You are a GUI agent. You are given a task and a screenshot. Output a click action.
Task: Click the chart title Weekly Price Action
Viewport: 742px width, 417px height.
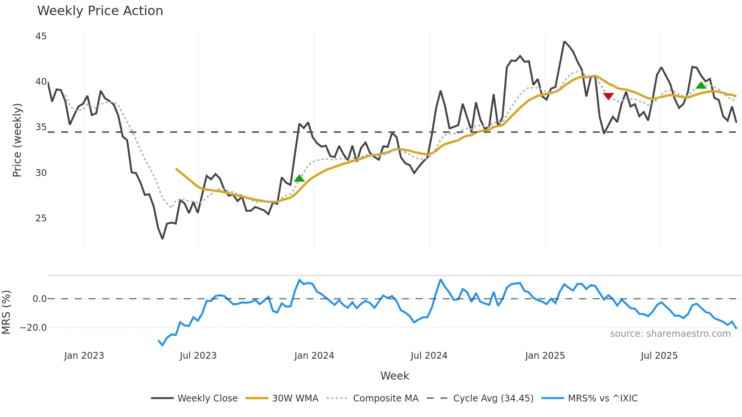click(x=100, y=11)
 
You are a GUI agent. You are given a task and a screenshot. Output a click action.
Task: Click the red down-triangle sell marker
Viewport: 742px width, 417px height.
click(x=608, y=96)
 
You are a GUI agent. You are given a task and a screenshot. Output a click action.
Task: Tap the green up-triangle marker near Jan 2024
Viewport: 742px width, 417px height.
click(x=299, y=178)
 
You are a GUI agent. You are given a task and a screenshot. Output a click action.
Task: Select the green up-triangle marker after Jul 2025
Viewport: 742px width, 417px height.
click(x=701, y=86)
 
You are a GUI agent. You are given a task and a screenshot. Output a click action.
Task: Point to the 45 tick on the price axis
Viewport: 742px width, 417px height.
click(x=41, y=36)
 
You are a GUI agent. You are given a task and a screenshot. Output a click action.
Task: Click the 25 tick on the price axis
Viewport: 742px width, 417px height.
click(x=41, y=218)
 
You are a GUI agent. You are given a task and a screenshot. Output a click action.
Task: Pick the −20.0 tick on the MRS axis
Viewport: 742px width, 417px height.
click(x=34, y=328)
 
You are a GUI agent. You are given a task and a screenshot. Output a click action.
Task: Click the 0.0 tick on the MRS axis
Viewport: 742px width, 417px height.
click(x=39, y=299)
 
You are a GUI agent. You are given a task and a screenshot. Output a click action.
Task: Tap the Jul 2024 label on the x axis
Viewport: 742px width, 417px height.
click(x=429, y=356)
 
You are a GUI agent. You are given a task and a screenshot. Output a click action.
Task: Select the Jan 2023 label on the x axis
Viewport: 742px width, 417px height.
click(x=84, y=356)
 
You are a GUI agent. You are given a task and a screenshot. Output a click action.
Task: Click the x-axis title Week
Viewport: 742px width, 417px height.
click(x=394, y=376)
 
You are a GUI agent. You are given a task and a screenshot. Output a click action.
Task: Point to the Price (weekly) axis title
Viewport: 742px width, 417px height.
click(x=17, y=140)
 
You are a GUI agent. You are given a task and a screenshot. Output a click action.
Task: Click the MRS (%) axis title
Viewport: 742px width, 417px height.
click(x=6, y=312)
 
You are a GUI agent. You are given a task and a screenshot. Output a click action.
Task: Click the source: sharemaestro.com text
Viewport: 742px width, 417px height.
click(x=670, y=334)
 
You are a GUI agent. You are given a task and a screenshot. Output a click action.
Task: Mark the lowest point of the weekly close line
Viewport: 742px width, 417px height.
click(x=162, y=239)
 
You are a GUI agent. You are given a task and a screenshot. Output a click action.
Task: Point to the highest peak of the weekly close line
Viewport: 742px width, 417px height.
click(x=564, y=42)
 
